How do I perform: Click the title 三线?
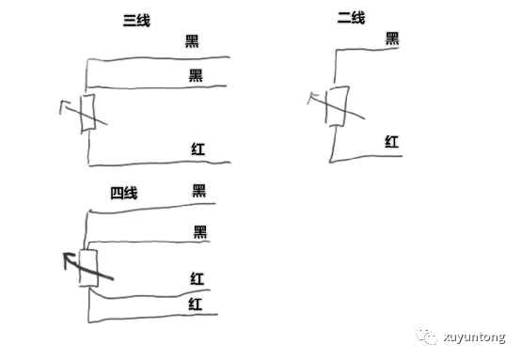pos(136,21)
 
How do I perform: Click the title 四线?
pos(124,194)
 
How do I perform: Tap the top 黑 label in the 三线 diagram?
pos(193,41)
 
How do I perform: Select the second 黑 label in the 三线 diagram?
pos(196,74)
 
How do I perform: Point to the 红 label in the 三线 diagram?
pos(197,148)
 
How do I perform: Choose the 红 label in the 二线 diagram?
pos(392,142)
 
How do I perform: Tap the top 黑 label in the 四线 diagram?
pos(199,190)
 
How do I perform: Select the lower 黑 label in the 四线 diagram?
pos(199,231)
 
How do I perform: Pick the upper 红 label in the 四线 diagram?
pos(197,277)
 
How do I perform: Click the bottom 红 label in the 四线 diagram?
pos(196,303)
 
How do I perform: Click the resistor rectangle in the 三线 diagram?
pos(87,114)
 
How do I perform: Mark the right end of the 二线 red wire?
pos(402,155)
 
